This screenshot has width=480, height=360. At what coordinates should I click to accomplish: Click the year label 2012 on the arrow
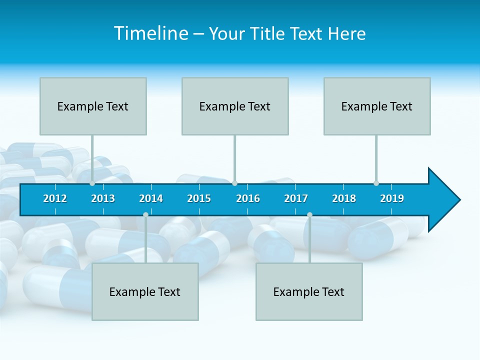(x=55, y=198)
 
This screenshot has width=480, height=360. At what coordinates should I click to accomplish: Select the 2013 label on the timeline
(x=103, y=198)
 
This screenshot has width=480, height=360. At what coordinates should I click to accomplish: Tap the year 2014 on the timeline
(x=151, y=198)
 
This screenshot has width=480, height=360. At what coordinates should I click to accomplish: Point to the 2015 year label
(x=199, y=198)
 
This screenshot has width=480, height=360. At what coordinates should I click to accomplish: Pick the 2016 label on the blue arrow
(x=248, y=198)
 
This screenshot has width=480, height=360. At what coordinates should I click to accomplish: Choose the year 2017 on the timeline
(x=296, y=198)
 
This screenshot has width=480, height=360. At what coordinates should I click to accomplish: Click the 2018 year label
(x=344, y=198)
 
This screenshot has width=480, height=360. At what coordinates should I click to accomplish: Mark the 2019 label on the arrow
(x=392, y=198)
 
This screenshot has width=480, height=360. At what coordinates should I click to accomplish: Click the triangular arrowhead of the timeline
(x=442, y=199)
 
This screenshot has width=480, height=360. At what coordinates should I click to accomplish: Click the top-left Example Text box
(x=93, y=106)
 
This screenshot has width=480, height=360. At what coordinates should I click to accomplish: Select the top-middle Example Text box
(x=235, y=106)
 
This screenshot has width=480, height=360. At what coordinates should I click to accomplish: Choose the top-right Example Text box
(x=377, y=106)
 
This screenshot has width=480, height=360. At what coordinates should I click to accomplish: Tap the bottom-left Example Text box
(x=145, y=291)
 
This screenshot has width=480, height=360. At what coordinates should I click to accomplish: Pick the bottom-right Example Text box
(x=309, y=291)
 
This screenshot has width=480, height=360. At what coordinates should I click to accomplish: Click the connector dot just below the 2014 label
(x=145, y=215)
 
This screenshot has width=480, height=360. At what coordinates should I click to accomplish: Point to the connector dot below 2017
(x=309, y=215)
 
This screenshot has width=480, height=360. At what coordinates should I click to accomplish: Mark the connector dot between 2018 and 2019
(x=376, y=183)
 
